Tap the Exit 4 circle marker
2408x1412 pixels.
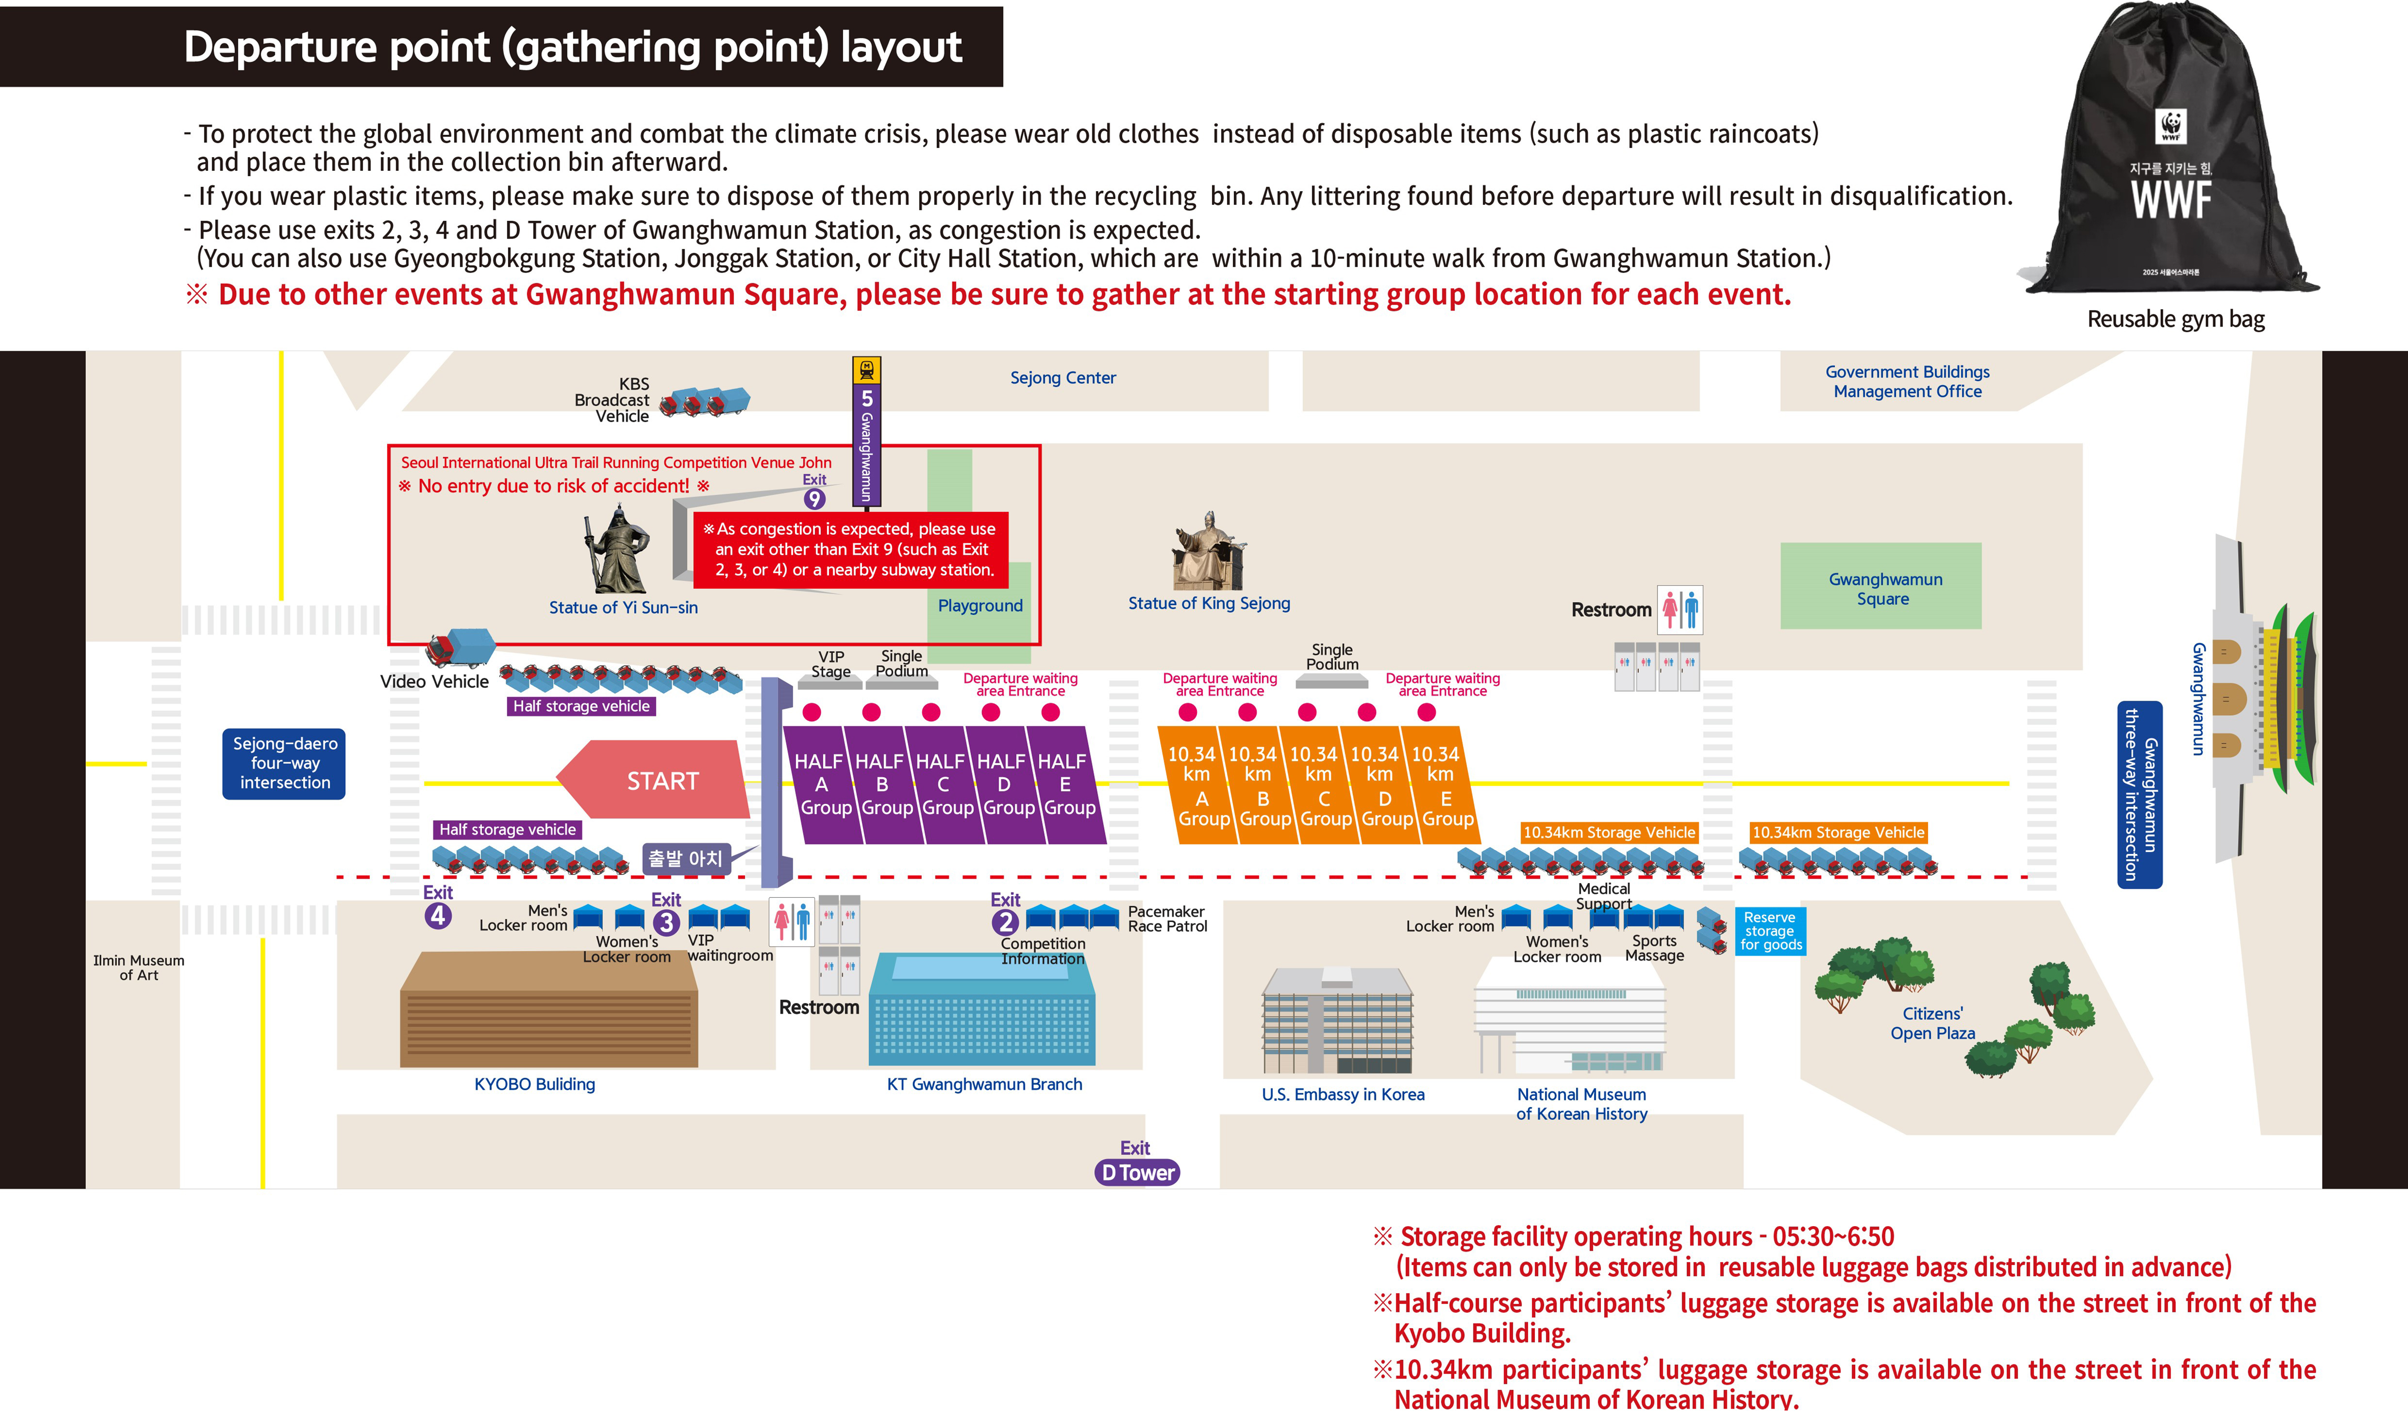pyautogui.click(x=438, y=915)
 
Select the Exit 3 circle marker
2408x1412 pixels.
pyautogui.click(x=666, y=922)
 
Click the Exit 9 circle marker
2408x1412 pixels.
pyautogui.click(x=814, y=499)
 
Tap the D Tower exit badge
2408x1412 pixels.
pyautogui.click(x=1137, y=1172)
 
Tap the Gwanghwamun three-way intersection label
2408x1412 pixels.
pyautogui.click(x=2140, y=795)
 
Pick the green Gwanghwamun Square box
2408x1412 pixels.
pyautogui.click(x=1880, y=586)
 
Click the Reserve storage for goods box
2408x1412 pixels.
pyautogui.click(x=1770, y=931)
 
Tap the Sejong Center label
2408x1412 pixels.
pyautogui.click(x=1063, y=378)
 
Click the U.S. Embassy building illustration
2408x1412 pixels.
pyautogui.click(x=1337, y=1020)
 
